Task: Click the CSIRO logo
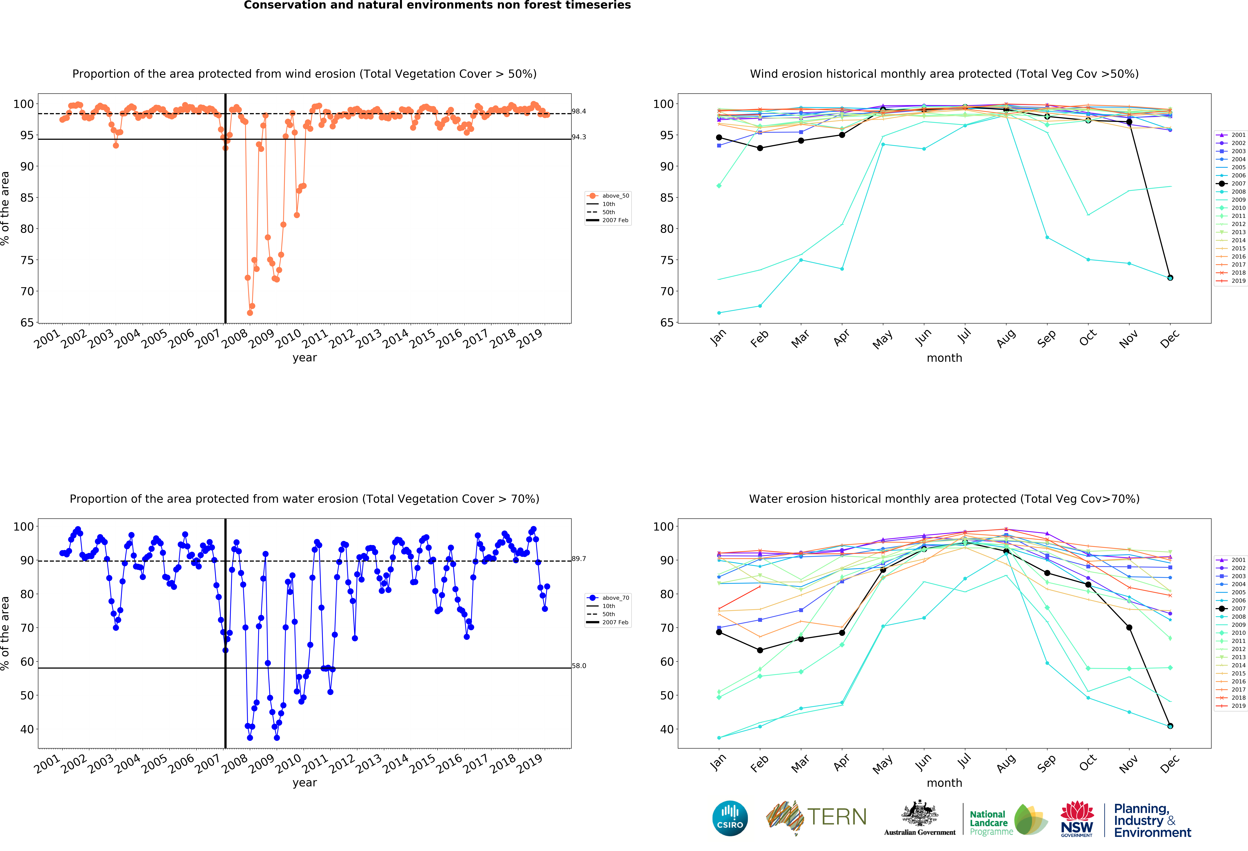coord(730,818)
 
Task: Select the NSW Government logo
coord(1077,819)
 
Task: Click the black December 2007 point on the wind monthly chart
coord(1170,278)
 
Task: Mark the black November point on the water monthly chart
coord(1129,628)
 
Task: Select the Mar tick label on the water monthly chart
coord(800,763)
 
